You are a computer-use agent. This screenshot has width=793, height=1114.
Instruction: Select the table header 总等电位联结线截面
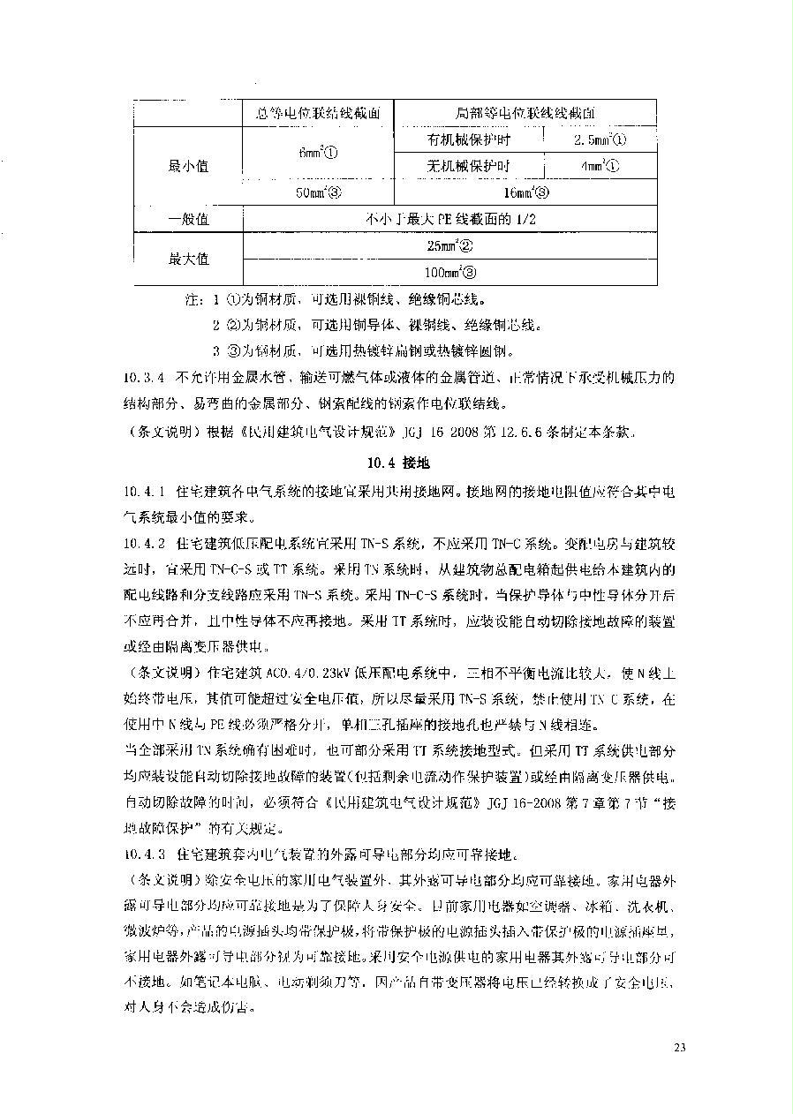(x=318, y=113)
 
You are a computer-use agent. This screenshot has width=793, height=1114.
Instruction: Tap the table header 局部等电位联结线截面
(x=525, y=113)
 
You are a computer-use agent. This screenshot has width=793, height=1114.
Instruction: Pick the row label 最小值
(x=188, y=166)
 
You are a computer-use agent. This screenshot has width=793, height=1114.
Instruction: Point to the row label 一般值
(x=188, y=219)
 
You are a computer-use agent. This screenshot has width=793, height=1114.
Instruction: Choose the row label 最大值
(x=188, y=259)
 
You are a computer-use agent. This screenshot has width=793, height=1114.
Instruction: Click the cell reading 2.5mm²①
(x=600, y=139)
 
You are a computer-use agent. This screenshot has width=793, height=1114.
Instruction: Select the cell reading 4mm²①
(x=600, y=166)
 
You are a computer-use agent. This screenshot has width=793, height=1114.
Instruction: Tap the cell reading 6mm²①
(x=318, y=153)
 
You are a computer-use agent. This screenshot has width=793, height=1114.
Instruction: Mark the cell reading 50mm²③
(x=318, y=192)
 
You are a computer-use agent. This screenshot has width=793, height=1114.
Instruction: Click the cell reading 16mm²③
(x=525, y=192)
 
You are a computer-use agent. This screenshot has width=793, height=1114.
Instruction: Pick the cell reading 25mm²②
(x=449, y=246)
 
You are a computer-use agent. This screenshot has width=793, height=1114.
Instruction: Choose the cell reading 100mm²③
(x=449, y=273)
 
